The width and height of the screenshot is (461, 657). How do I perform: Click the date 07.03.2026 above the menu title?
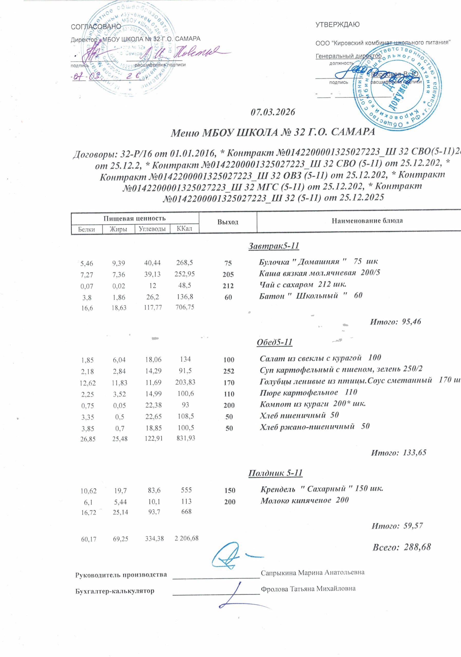272,112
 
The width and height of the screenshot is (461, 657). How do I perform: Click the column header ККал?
184,229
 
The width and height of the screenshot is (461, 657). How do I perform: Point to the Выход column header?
228,222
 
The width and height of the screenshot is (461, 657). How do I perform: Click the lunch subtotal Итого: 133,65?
399,452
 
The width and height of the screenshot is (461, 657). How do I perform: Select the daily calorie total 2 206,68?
186,538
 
